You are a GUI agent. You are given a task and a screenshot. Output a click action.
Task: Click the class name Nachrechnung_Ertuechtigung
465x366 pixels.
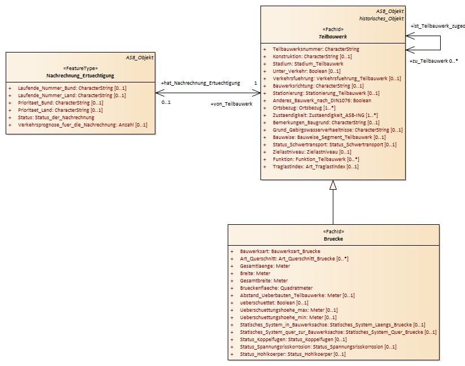(x=80, y=76)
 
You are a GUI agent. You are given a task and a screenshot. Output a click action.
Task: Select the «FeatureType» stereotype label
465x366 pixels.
(x=80, y=68)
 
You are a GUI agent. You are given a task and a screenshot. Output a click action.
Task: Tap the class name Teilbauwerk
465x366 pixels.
(x=333, y=37)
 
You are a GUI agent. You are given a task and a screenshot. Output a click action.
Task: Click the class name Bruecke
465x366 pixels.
(x=333, y=239)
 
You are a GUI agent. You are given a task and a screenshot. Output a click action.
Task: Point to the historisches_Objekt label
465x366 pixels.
(x=381, y=19)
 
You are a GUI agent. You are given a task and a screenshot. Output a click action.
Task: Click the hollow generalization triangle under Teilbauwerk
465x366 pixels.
(x=333, y=185)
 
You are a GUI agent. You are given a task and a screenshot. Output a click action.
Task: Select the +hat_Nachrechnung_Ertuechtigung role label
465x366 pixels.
(x=201, y=83)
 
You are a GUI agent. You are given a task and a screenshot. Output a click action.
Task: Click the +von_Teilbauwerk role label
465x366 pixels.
(x=232, y=104)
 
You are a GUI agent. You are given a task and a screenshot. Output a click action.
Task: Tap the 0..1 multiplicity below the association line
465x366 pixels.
(x=166, y=102)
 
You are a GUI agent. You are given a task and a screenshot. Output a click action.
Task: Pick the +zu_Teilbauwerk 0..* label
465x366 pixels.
(x=433, y=61)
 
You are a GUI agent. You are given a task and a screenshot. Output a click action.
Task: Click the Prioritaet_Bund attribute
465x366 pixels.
(x=60, y=103)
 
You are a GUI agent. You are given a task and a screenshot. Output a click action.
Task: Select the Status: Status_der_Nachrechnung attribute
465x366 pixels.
(x=56, y=117)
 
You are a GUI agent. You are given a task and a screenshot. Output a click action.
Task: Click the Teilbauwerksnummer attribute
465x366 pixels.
(x=316, y=49)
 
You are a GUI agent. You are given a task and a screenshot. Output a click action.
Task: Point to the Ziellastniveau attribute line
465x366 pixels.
(x=312, y=152)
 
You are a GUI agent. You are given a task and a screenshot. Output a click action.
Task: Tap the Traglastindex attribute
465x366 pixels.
(x=315, y=167)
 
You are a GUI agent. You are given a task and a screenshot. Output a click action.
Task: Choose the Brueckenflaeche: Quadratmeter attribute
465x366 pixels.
(x=276, y=288)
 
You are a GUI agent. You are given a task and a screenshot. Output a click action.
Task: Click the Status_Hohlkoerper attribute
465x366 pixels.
(x=293, y=354)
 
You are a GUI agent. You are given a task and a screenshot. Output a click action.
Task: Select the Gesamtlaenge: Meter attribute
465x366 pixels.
(x=265, y=266)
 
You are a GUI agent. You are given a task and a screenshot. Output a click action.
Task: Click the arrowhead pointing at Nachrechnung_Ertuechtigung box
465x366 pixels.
(x=159, y=93)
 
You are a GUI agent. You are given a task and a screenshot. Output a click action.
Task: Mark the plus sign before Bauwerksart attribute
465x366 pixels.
(x=232, y=251)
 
